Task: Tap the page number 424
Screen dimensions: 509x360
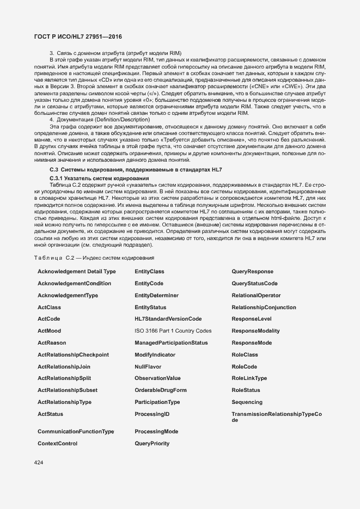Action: (38, 463)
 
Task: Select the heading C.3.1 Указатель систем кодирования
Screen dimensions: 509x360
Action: (91, 179)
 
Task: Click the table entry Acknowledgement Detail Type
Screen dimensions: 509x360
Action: (76, 271)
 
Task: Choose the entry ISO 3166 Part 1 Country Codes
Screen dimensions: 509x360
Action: (173, 330)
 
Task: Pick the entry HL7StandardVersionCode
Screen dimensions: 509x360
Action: (168, 318)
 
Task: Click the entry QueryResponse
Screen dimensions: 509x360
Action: (252, 271)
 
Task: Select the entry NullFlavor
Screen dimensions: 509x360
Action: (148, 367)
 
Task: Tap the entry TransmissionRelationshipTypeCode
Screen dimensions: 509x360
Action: (276, 417)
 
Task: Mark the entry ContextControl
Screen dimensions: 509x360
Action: (57, 444)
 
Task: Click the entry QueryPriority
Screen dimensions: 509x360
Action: (152, 444)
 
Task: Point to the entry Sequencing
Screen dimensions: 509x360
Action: (247, 402)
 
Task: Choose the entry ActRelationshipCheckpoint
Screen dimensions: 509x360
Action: (73, 355)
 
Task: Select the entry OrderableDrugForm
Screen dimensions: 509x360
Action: (161, 390)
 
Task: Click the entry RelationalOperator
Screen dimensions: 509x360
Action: (256, 295)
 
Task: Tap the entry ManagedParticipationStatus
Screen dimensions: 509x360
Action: (171, 343)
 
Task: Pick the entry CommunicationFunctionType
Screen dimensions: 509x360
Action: (76, 431)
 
